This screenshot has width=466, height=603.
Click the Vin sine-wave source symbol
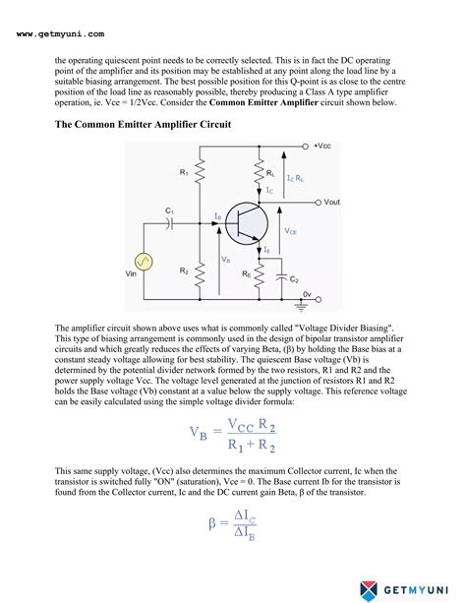(x=143, y=262)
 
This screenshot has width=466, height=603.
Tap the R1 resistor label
(x=183, y=174)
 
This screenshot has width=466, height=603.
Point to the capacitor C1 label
(x=169, y=211)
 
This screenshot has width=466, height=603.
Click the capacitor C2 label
(x=294, y=279)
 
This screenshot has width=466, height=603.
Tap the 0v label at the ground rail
(x=307, y=294)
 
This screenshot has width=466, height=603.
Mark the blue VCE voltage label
(x=290, y=232)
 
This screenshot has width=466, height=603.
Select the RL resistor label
(x=270, y=172)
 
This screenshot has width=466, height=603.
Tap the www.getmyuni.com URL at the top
(x=61, y=34)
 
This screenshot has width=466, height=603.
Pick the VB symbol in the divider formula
(x=198, y=433)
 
